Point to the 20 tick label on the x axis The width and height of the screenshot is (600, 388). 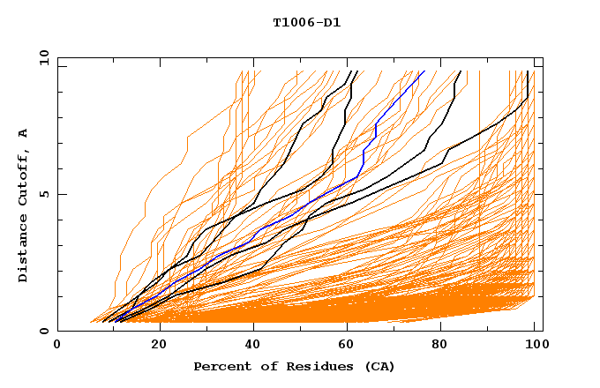coord(158,345)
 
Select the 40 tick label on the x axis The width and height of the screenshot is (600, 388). coord(254,345)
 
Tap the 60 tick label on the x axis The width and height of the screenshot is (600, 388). coord(350,345)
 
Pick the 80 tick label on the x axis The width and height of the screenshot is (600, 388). coord(446,345)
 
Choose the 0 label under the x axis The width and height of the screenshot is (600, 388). coord(57,345)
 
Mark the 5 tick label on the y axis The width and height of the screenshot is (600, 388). coord(43,194)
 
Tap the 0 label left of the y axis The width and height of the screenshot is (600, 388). coord(43,331)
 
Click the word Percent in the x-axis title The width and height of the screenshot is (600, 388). coord(220,366)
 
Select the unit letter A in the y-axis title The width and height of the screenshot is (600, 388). coord(24,133)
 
